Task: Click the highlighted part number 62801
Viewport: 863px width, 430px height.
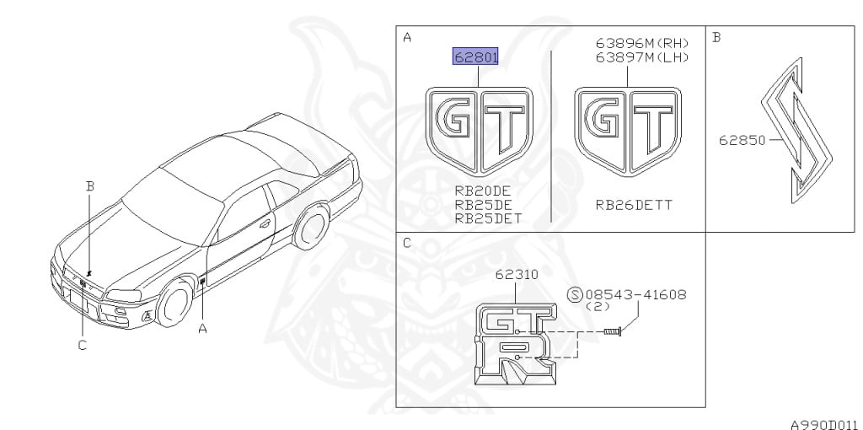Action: tap(475, 56)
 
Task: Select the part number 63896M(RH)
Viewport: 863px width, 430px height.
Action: tap(642, 44)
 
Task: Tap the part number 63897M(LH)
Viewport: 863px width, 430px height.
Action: tap(642, 56)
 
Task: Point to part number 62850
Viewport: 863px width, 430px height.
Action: tap(742, 141)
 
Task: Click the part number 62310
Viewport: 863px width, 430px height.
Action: tap(517, 274)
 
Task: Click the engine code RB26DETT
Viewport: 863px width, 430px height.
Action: tap(634, 206)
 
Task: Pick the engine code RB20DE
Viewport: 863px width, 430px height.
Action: tap(483, 191)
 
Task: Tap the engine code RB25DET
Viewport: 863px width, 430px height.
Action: tap(488, 218)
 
